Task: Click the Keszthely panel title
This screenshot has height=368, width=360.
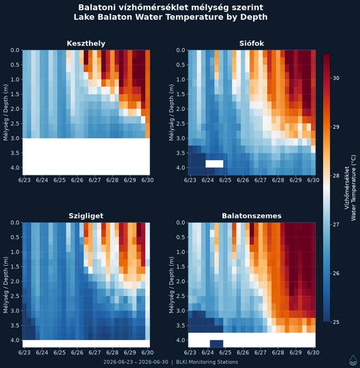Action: click(86, 43)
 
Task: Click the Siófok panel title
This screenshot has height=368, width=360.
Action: click(251, 43)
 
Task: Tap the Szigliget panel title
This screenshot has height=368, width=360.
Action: click(86, 216)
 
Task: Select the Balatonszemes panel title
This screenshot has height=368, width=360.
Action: click(251, 216)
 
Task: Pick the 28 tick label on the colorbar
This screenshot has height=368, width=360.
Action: click(336, 176)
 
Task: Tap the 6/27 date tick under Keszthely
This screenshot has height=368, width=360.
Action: click(94, 180)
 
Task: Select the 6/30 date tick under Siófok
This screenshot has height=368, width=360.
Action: click(313, 180)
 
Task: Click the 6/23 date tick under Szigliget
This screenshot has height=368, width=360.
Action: click(25, 352)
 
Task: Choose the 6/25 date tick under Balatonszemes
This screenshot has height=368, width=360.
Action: click(225, 352)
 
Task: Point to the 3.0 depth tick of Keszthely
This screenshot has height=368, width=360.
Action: click(15, 138)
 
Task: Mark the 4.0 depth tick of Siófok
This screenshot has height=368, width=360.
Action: click(181, 168)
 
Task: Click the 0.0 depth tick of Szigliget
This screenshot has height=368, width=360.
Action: click(15, 223)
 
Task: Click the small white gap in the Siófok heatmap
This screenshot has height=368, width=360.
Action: click(214, 164)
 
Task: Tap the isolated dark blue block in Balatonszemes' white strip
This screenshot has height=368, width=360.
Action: click(216, 343)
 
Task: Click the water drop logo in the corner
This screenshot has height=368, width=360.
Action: click(352, 360)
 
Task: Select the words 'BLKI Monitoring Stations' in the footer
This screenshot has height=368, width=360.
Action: click(207, 362)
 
